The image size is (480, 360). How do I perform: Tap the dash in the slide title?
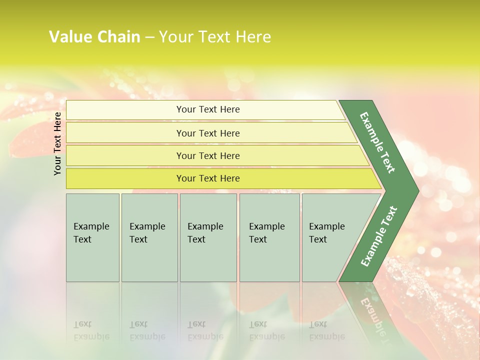tap(149, 37)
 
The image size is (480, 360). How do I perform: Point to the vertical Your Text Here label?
tap(57, 143)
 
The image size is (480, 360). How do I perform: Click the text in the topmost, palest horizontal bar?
tap(208, 109)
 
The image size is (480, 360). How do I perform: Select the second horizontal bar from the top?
tap(208, 133)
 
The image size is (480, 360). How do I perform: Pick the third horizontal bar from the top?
tap(208, 155)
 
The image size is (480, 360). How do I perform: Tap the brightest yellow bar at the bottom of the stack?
tap(208, 178)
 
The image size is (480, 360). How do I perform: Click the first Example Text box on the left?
tap(92, 237)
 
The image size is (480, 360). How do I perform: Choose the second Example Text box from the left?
tap(149, 237)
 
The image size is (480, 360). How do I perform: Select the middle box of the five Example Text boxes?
tap(208, 237)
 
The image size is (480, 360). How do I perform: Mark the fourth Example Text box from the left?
tap(269, 237)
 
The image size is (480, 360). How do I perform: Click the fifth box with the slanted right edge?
tap(330, 237)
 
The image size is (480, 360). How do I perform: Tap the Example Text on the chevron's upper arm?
tap(377, 142)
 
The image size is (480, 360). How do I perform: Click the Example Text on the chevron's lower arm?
tap(379, 236)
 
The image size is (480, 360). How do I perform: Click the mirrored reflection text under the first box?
tap(91, 330)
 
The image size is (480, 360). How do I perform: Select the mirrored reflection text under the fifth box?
tap(326, 330)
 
